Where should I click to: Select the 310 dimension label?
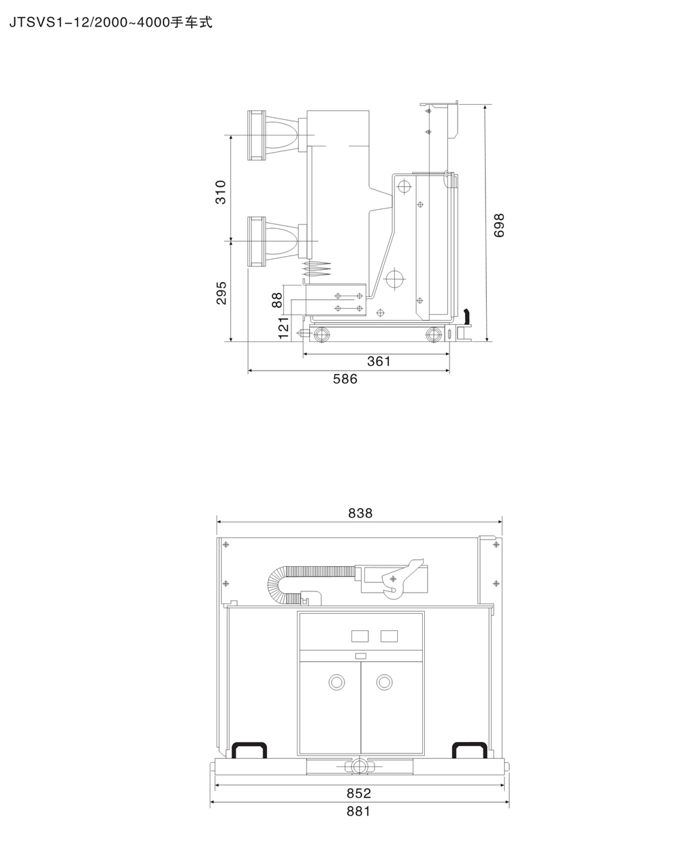pyautogui.click(x=221, y=192)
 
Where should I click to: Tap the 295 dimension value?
pyautogui.click(x=221, y=293)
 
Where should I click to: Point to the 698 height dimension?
pyautogui.click(x=498, y=226)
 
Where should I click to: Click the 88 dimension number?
pyautogui.click(x=276, y=300)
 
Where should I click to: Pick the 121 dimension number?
pyautogui.click(x=283, y=328)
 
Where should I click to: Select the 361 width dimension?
pyautogui.click(x=379, y=361)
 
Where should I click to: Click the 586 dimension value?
pyautogui.click(x=345, y=379)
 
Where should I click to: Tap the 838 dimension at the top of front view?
pyautogui.click(x=360, y=513)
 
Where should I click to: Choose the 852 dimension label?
pyautogui.click(x=359, y=793)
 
